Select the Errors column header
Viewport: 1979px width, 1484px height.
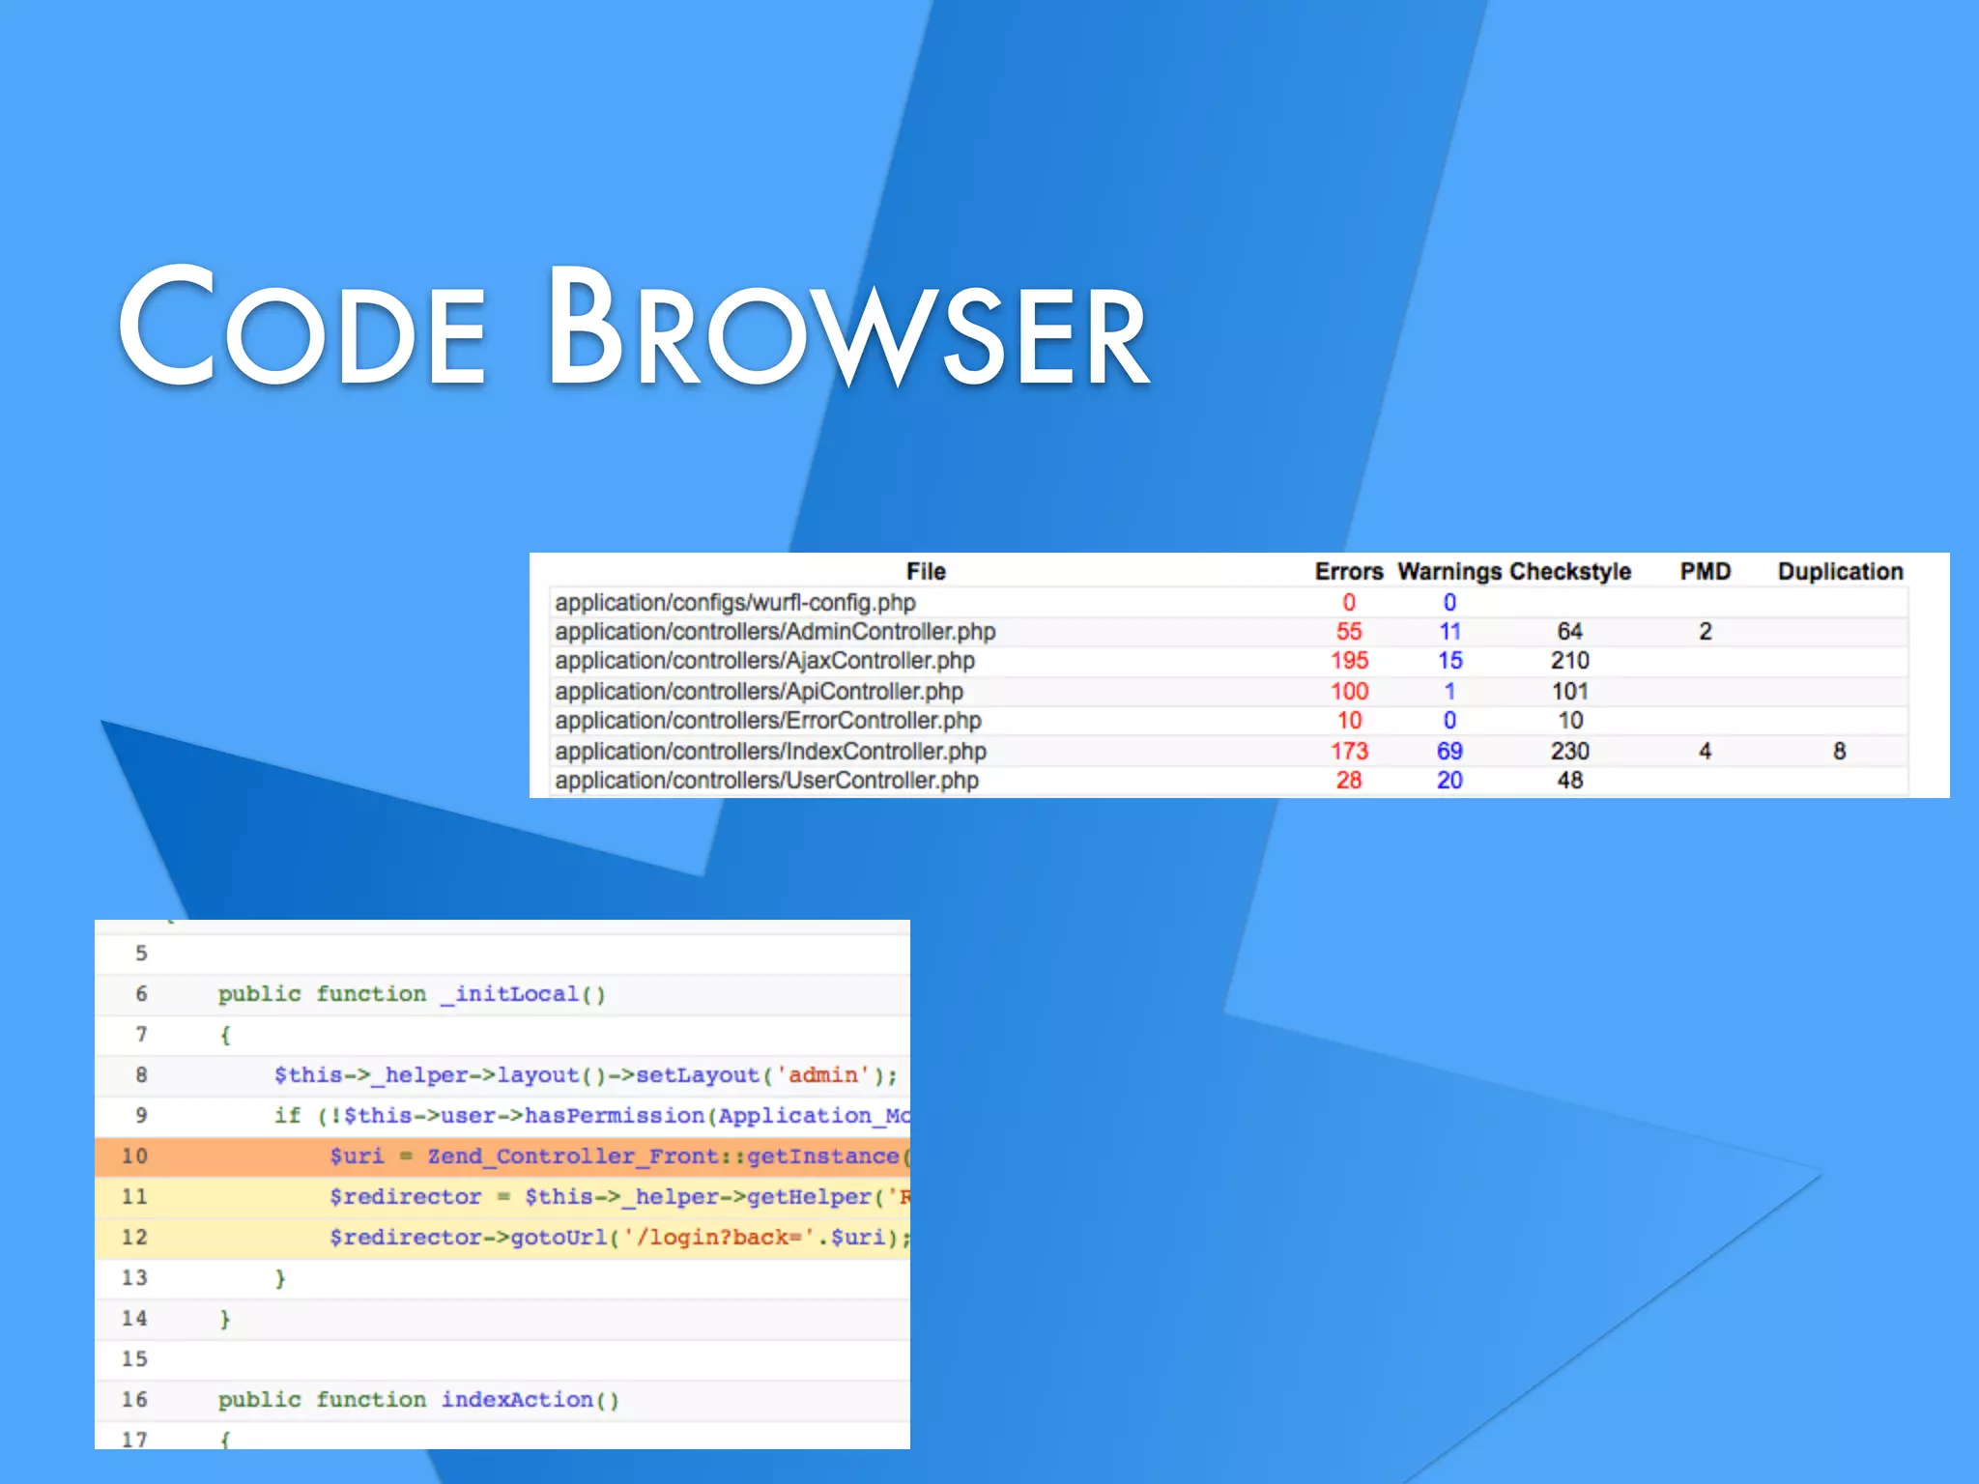tap(1348, 572)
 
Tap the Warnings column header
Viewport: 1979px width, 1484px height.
tap(1448, 572)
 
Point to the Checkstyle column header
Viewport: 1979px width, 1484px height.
tap(1570, 572)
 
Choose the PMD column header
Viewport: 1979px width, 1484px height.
tap(1705, 572)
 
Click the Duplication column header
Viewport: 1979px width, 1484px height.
tap(1840, 572)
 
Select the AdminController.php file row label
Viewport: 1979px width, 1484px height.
tap(775, 632)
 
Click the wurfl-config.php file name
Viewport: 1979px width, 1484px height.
tap(735, 603)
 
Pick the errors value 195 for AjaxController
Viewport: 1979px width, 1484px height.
tap(1349, 661)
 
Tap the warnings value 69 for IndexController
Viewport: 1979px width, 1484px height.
tap(1449, 751)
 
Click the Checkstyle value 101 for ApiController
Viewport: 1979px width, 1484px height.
tap(1570, 692)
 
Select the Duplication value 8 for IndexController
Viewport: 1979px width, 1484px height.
tap(1839, 751)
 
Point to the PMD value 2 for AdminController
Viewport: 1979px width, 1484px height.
tap(1706, 632)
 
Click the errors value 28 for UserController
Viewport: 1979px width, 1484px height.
tap(1349, 781)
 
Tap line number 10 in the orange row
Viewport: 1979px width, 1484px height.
tap(134, 1156)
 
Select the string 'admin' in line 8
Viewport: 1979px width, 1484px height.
tap(823, 1075)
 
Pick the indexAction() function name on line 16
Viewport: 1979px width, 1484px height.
tap(530, 1400)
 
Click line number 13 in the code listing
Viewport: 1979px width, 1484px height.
tap(134, 1278)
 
